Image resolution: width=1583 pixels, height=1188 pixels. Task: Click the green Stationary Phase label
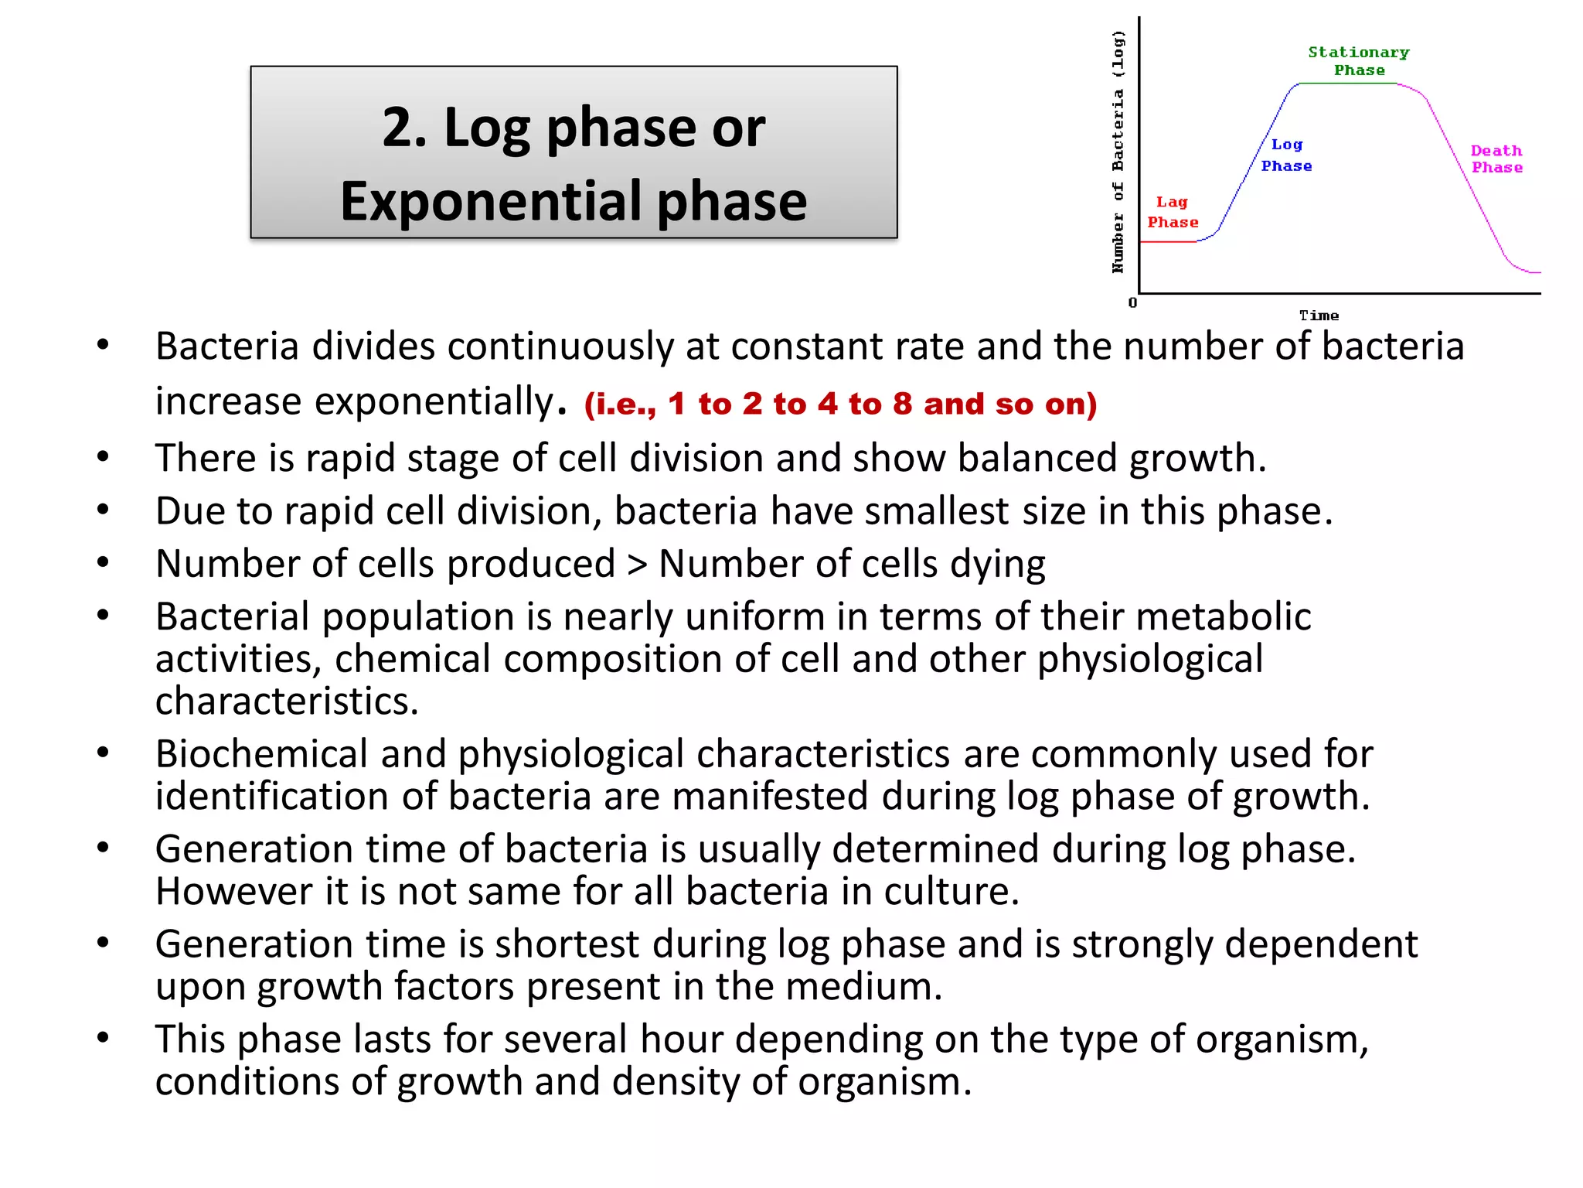1359,61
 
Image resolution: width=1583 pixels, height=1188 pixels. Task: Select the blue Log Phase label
1286,155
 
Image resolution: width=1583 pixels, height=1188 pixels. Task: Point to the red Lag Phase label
1173,212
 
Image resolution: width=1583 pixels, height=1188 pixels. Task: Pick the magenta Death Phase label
1496,159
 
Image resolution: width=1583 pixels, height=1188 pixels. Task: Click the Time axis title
1319,316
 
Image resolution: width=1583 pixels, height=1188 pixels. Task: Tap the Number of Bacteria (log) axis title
1118,152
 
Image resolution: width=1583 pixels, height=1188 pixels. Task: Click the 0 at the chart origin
1132,302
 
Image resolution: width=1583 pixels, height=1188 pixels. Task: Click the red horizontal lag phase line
1168,242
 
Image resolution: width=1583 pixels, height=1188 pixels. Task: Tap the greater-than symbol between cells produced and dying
637,565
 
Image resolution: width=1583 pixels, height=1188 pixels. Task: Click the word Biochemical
261,754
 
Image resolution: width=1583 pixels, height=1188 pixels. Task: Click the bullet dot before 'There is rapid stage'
103,457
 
